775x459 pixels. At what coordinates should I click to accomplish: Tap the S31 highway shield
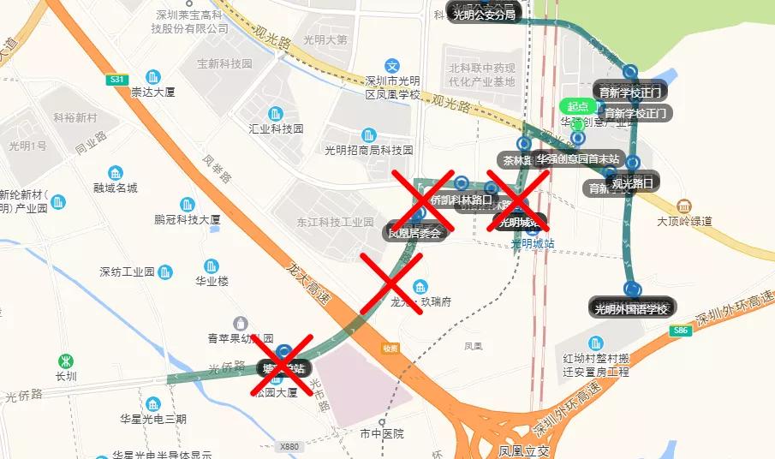(118, 80)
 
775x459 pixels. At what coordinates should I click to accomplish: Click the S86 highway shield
(682, 330)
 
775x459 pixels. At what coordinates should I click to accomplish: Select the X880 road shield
(289, 446)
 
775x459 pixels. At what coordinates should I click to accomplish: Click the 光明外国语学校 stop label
(632, 308)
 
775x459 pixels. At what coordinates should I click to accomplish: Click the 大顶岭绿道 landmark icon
(683, 206)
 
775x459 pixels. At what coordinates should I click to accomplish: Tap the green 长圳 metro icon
(66, 361)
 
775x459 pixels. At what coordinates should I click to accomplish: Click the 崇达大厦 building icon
(152, 76)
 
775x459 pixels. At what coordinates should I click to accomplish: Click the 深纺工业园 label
(127, 272)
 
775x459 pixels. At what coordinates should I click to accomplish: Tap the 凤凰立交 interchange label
(521, 450)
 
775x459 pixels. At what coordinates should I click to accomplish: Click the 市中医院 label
(382, 434)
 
